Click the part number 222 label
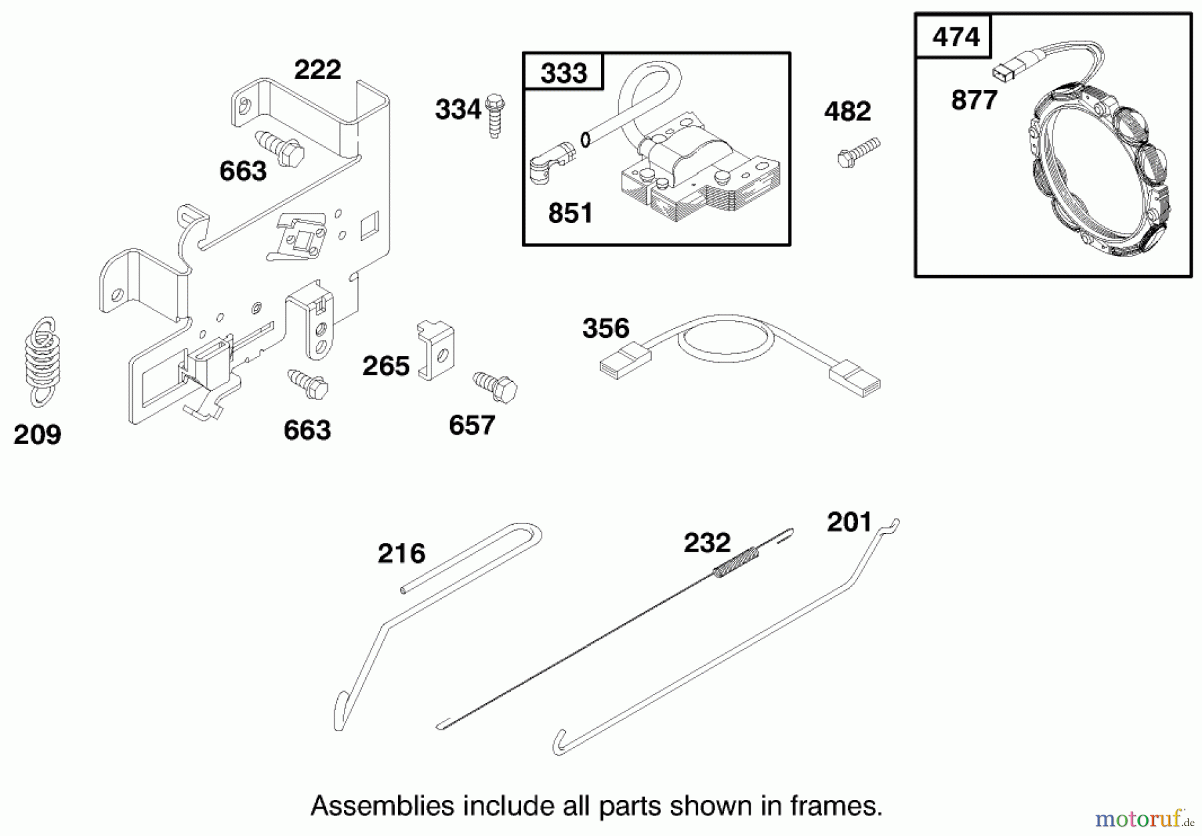click(317, 69)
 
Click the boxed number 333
click(564, 72)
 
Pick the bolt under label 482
click(858, 152)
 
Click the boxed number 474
click(955, 37)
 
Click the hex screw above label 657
click(495, 387)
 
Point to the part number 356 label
click(606, 329)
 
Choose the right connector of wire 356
click(855, 378)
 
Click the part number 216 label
click(401, 553)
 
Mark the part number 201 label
click(849, 522)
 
